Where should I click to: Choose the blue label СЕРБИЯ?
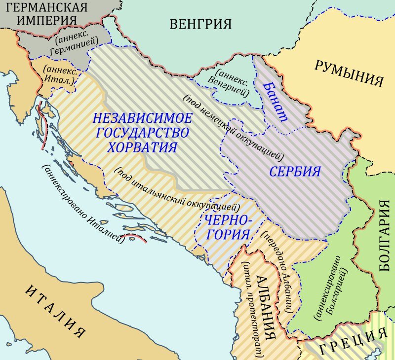(295, 172)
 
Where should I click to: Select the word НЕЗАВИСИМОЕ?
(142, 118)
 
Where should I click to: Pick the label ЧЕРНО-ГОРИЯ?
(227, 227)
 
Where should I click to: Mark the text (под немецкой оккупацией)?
(233, 128)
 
